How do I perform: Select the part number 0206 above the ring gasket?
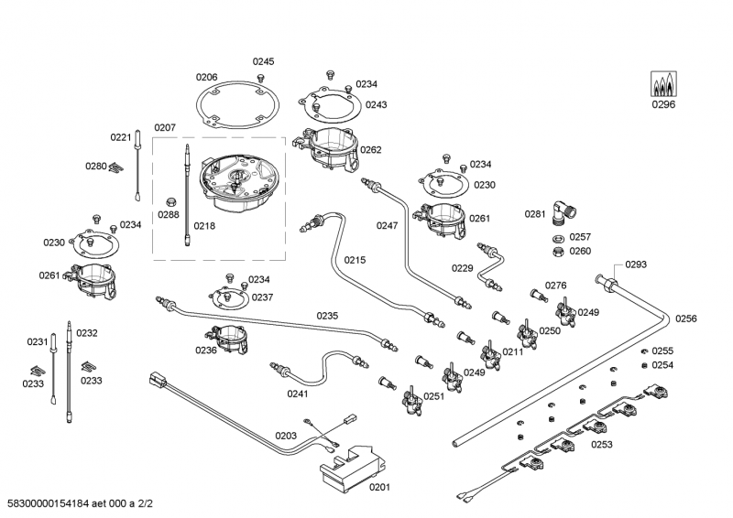pyautogui.click(x=206, y=77)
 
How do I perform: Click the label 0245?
pyautogui.click(x=264, y=61)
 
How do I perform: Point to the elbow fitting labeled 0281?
pyautogui.click(x=563, y=212)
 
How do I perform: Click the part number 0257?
pyautogui.click(x=580, y=236)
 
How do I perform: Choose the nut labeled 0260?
pyautogui.click(x=556, y=251)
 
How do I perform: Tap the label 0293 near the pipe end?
pyautogui.click(x=636, y=264)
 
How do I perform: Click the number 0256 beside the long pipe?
pyautogui.click(x=686, y=318)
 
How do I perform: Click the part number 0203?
pyautogui.click(x=286, y=436)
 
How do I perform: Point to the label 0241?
pyautogui.click(x=298, y=395)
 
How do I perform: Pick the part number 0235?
pyautogui.click(x=327, y=316)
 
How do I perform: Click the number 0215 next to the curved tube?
pyautogui.click(x=355, y=260)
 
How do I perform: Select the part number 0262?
pyautogui.click(x=371, y=149)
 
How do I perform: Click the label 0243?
pyautogui.click(x=376, y=105)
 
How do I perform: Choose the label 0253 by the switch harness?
pyautogui.click(x=602, y=444)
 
